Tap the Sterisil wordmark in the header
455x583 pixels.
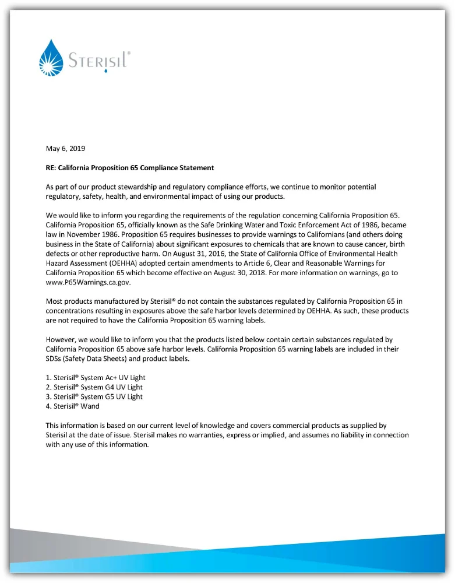(x=99, y=61)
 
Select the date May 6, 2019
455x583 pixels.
(x=65, y=149)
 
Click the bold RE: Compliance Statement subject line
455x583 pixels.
(x=129, y=168)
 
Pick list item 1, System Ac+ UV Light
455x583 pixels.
(x=95, y=378)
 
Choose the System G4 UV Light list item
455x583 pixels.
(x=94, y=387)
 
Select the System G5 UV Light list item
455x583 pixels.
(x=94, y=396)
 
